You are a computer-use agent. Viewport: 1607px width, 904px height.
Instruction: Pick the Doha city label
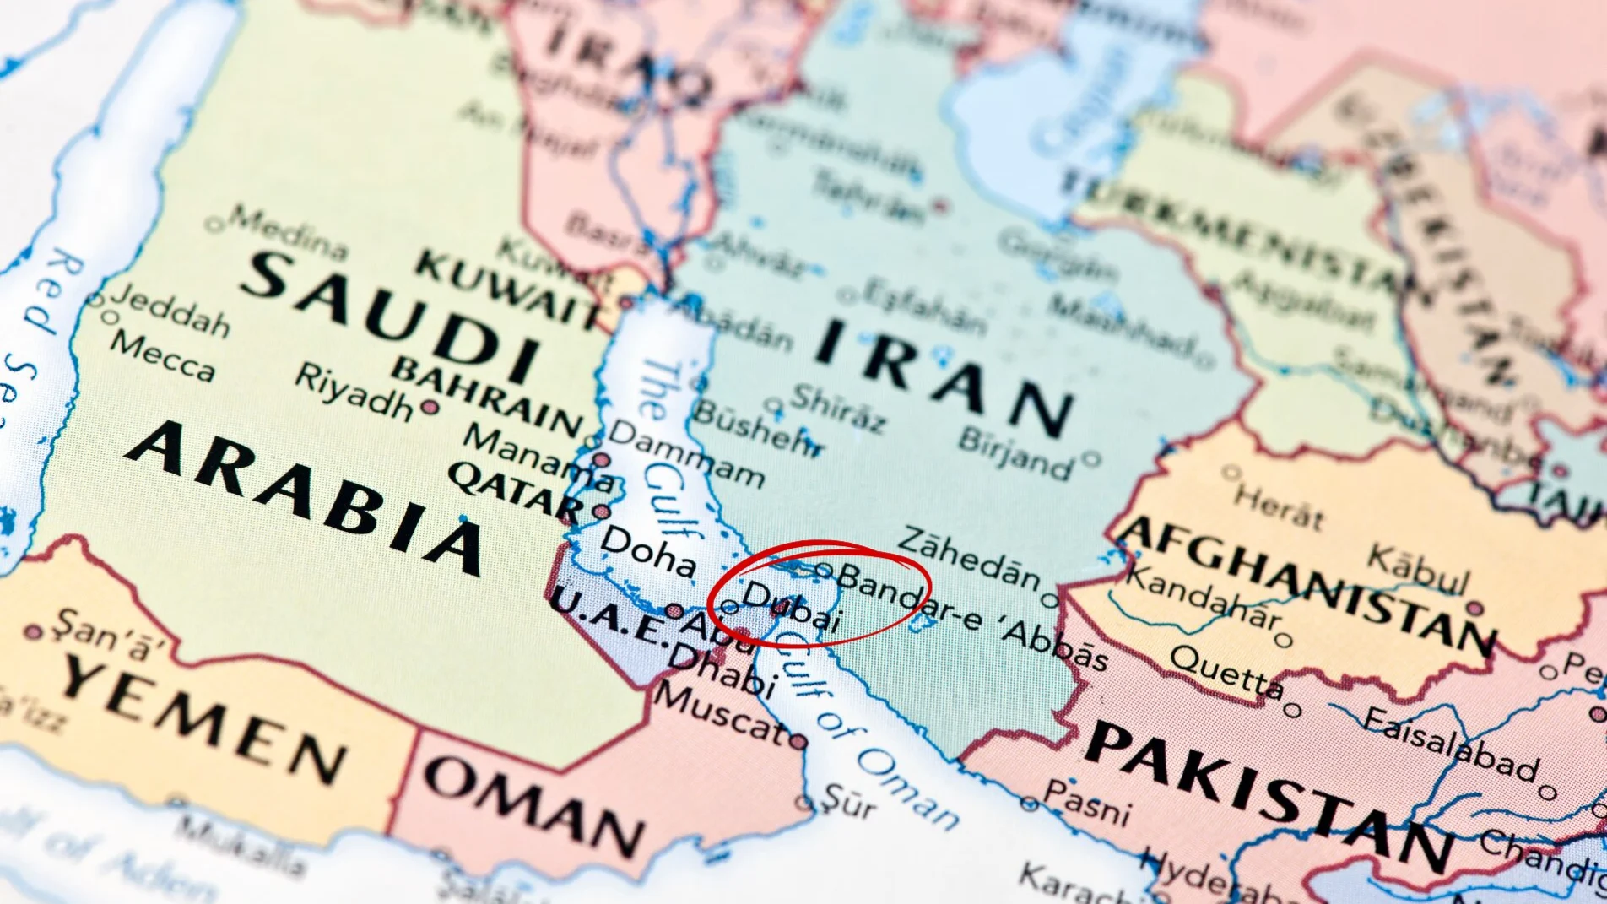[648, 553]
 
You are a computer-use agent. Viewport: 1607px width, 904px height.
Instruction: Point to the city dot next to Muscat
[798, 742]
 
